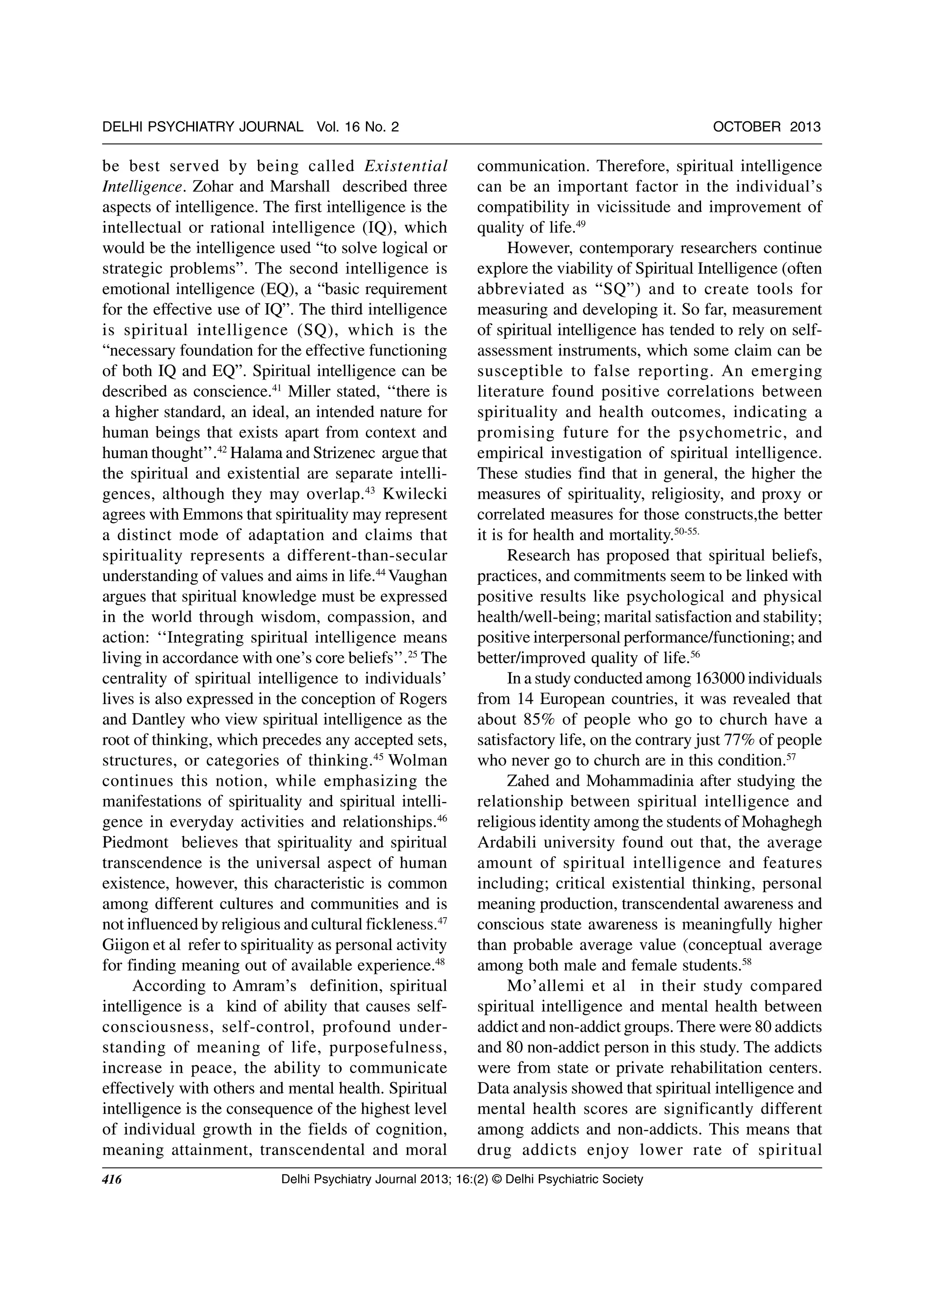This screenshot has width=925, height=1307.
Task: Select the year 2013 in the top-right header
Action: [x=805, y=127]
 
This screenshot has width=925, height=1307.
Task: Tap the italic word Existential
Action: [x=406, y=166]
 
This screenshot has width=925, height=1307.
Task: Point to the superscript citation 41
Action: [x=277, y=388]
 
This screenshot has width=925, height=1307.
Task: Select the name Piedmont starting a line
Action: [x=129, y=843]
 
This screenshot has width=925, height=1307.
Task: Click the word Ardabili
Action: [x=506, y=843]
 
